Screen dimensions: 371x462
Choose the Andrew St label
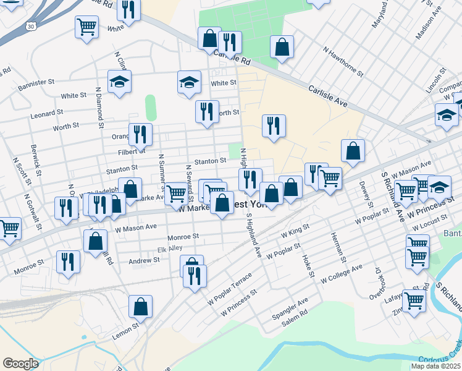(144, 261)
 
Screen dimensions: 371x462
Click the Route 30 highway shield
(31, 26)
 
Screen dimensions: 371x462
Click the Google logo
(20, 363)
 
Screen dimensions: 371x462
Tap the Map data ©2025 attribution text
(435, 366)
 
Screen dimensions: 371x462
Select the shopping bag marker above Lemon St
(140, 307)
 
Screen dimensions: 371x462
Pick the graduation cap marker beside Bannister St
(119, 82)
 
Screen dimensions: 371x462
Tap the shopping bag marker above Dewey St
(353, 150)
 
